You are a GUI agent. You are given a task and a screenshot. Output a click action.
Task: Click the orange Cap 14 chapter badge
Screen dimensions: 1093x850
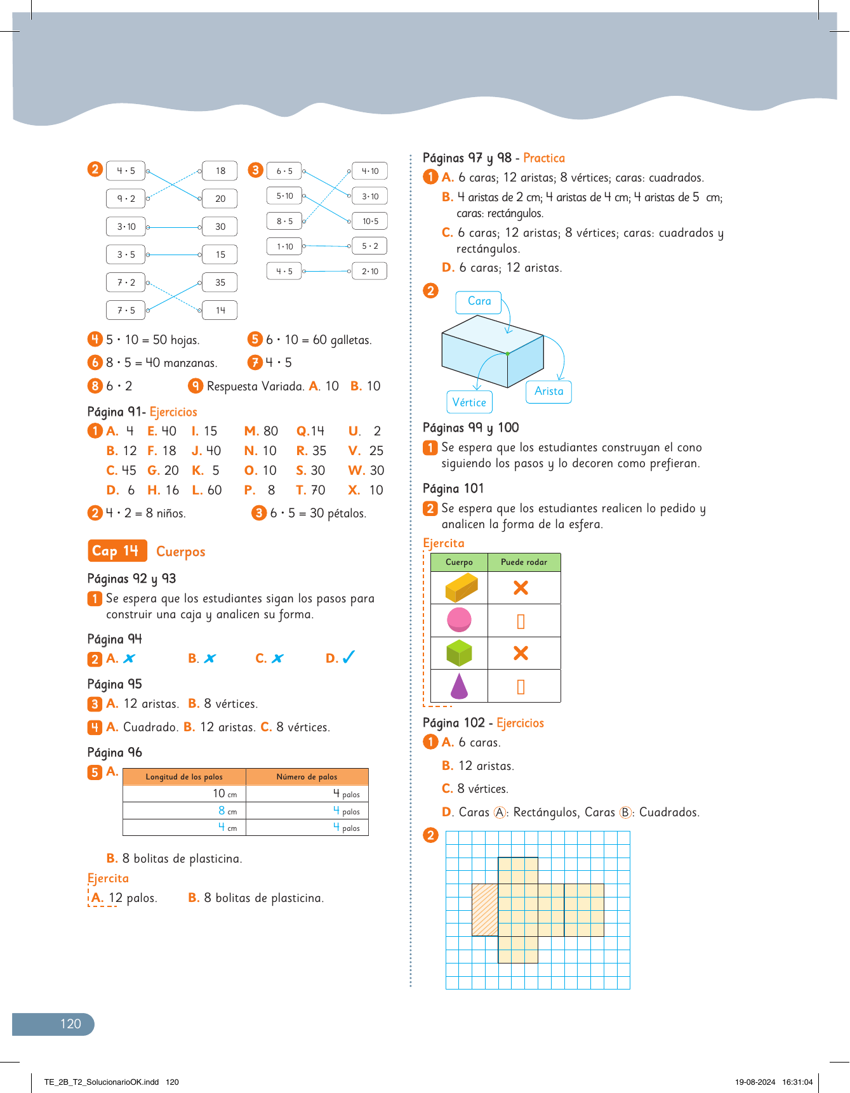click(x=117, y=551)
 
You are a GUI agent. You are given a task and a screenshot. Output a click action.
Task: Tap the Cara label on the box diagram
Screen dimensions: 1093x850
click(x=479, y=302)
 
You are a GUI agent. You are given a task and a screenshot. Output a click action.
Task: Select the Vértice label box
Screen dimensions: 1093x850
click(x=469, y=402)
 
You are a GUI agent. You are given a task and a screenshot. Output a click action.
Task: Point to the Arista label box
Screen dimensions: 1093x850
click(x=548, y=392)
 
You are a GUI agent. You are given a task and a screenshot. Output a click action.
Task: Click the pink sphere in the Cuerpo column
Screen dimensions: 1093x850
click(x=459, y=619)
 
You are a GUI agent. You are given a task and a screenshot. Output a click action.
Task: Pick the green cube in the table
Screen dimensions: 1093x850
click(x=459, y=652)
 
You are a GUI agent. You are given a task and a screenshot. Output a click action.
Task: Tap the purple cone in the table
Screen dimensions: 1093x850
click(x=459, y=686)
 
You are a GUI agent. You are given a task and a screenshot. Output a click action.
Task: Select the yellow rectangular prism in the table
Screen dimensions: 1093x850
click(x=461, y=587)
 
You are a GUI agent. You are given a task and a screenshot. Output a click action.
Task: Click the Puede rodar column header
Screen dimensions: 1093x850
click(x=524, y=562)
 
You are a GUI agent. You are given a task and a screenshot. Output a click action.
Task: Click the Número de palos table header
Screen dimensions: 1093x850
click(x=307, y=777)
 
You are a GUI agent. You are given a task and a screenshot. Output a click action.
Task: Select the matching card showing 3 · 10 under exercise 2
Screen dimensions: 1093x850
click(x=126, y=227)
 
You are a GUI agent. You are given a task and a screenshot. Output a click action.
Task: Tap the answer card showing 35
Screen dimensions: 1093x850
click(x=220, y=282)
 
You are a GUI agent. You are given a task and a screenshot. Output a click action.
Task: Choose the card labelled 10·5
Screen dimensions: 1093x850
click(x=370, y=222)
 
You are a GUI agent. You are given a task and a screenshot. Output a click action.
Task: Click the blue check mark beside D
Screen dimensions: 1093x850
click(x=349, y=658)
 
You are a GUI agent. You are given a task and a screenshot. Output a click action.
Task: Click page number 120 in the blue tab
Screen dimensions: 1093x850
click(x=70, y=1024)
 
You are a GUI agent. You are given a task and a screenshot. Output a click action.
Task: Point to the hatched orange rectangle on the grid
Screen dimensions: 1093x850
click(x=485, y=910)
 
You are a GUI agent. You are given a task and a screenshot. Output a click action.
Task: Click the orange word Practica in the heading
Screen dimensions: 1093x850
click(x=544, y=158)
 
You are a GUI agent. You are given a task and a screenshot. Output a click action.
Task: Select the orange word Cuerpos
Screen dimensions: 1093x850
click(x=181, y=552)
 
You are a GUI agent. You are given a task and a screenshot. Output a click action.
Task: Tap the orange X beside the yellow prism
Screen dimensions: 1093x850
click(x=521, y=588)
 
